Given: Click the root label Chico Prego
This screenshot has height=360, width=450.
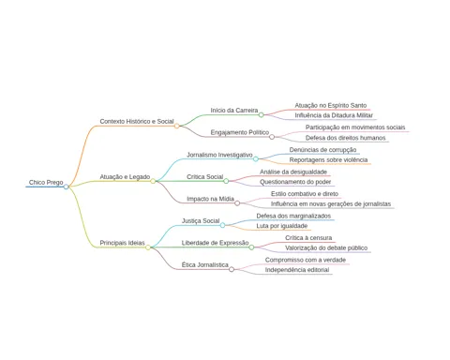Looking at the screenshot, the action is point(46,182).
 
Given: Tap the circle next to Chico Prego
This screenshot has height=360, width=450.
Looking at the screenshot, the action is point(67,187).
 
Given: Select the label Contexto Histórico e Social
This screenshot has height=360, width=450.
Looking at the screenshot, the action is point(137,121).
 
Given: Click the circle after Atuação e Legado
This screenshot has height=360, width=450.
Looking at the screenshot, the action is point(153,181).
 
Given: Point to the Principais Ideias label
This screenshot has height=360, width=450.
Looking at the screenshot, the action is point(122,243).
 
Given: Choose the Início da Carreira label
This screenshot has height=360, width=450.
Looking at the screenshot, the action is point(234,111).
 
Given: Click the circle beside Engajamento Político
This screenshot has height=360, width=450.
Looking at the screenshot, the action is point(272,137).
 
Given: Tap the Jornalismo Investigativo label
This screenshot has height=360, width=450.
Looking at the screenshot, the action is point(219,155).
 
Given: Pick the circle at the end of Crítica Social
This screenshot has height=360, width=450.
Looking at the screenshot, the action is point(226,181).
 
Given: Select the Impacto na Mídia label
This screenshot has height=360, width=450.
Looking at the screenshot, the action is point(210,199).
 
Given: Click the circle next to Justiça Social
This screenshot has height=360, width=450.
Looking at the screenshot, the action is point(222,225).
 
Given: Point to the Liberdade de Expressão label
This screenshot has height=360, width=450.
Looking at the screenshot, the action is point(215,243).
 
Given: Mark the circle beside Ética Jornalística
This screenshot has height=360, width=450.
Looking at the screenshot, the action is point(232,269).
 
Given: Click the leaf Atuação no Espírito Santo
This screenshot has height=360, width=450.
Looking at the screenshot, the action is point(331,106).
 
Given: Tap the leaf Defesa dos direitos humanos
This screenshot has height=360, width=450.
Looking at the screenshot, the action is point(345,138).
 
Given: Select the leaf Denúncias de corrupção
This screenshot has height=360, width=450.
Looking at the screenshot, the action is point(322,150).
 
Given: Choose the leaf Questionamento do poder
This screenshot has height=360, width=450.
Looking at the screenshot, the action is point(295,182).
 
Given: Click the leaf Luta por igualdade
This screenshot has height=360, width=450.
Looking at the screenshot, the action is point(282,226).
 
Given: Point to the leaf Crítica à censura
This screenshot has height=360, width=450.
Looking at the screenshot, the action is point(308,238).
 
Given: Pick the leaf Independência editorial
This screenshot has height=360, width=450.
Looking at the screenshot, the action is point(297,270).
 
